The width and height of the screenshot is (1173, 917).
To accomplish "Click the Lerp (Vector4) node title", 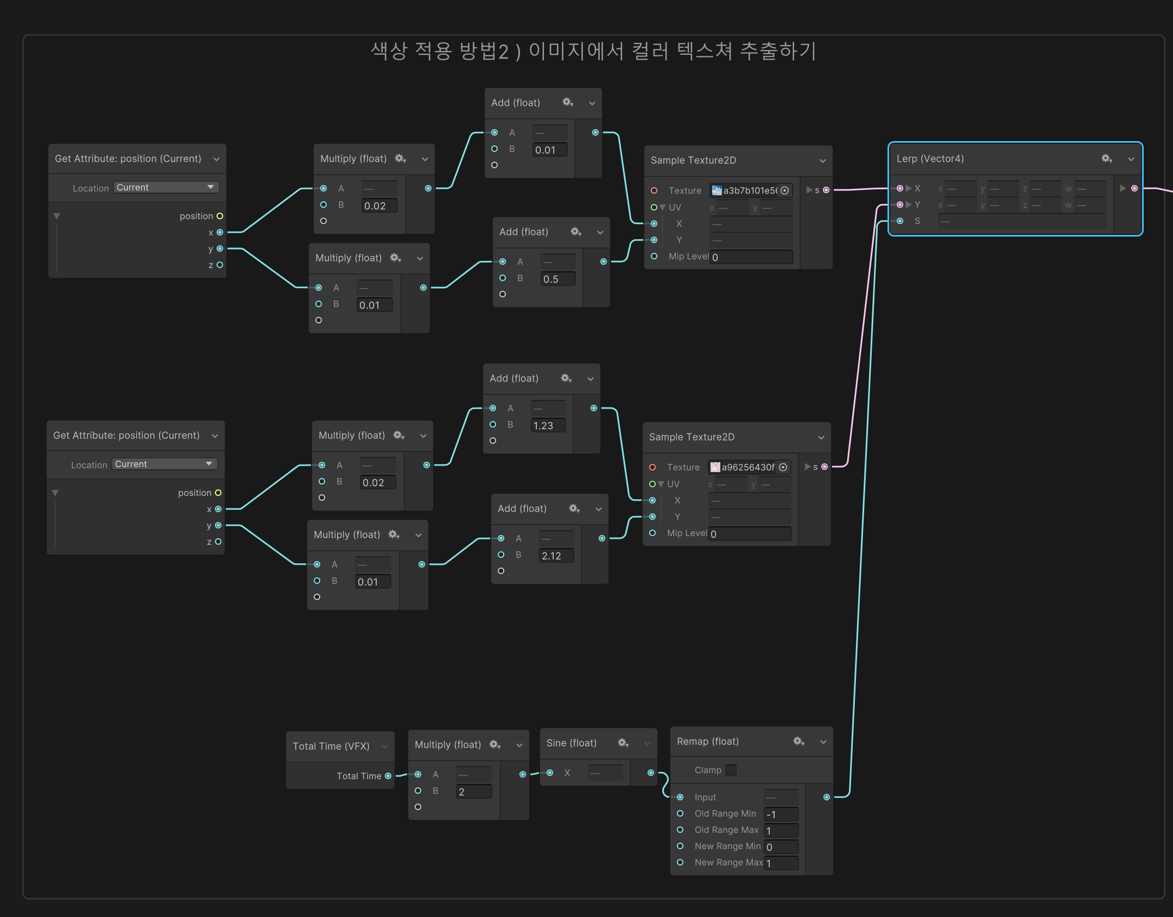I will (x=930, y=158).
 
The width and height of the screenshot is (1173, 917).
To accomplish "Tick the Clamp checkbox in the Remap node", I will (x=731, y=770).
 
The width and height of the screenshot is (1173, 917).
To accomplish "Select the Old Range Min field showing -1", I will (x=781, y=814).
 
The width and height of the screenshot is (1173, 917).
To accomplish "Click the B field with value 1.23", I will (x=548, y=425).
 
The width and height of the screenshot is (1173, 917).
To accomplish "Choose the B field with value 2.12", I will (x=556, y=556).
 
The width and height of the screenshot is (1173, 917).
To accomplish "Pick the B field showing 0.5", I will (x=557, y=279).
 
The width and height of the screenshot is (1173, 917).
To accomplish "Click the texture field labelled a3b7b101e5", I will (x=745, y=190).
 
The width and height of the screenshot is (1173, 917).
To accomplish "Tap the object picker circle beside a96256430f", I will (x=783, y=467).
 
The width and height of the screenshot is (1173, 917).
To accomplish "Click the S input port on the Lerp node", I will (x=900, y=221).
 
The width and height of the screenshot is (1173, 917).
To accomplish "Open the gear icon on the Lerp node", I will (x=1107, y=158).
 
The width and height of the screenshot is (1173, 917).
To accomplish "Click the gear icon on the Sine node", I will (x=623, y=743).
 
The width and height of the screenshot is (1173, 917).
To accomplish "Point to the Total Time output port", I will (x=388, y=776).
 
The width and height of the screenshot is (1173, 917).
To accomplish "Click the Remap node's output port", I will (x=826, y=797).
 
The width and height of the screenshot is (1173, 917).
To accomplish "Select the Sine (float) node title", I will (x=571, y=743).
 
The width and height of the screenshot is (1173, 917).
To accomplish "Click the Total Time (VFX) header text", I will (x=331, y=746).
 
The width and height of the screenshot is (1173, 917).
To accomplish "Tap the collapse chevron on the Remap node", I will (x=823, y=742).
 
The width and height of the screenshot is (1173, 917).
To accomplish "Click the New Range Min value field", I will (x=781, y=846).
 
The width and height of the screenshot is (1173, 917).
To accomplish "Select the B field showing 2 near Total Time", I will (x=473, y=792).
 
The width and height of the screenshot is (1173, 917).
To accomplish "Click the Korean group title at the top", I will (x=593, y=52).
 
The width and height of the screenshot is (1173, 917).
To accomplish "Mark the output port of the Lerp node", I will (x=1134, y=188).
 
